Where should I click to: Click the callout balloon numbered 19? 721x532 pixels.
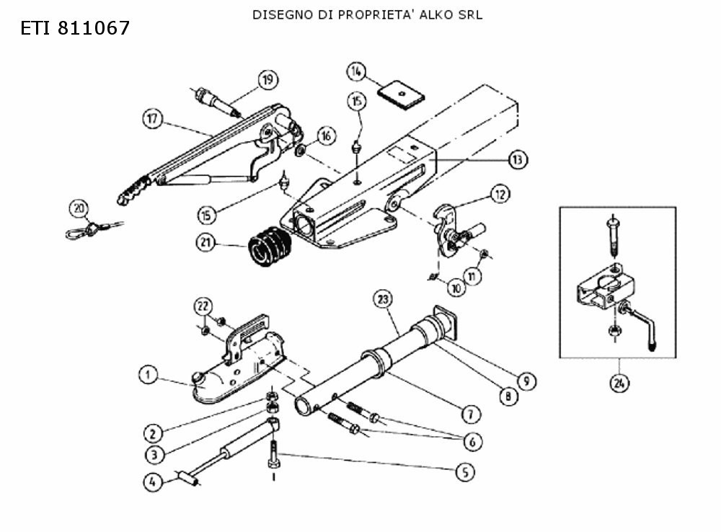pos(267,79)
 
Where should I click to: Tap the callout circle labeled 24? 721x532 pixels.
pos(619,383)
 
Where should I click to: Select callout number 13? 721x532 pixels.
pos(518,159)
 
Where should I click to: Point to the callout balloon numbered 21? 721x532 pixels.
pos(205,242)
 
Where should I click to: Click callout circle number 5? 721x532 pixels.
pos(465,471)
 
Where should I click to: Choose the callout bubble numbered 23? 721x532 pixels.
pos(383,299)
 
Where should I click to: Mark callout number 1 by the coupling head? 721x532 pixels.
pos(148,375)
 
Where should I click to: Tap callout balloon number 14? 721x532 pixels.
pos(355,71)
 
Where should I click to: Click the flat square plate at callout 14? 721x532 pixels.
pos(401,94)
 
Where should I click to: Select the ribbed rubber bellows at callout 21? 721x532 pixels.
pos(270,246)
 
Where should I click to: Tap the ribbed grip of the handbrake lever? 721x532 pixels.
pos(134,190)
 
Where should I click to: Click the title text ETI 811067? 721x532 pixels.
pos(76,28)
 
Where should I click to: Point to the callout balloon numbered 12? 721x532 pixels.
pos(500,194)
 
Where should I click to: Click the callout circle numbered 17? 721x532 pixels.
pos(152,119)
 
